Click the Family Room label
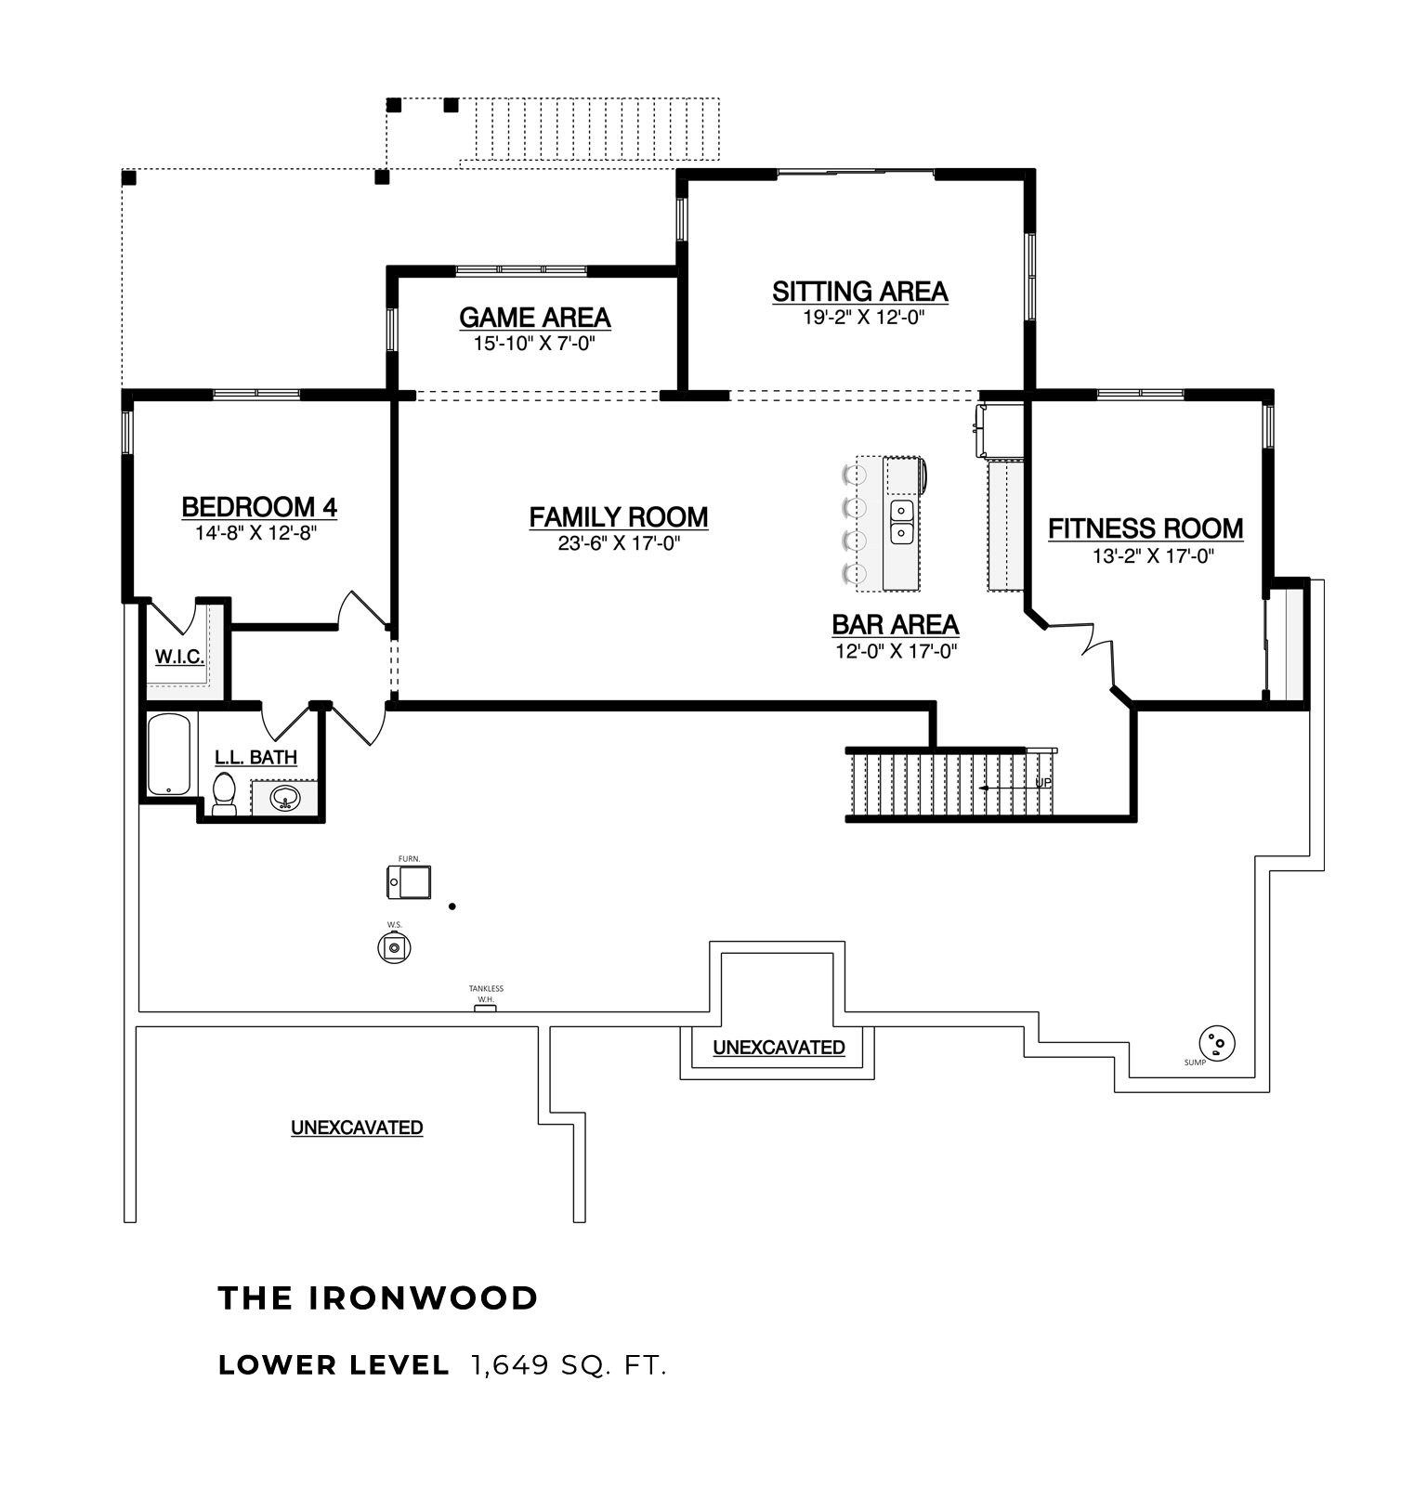pyautogui.click(x=619, y=517)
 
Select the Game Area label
pyautogui.click(x=535, y=318)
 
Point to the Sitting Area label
pyautogui.click(x=860, y=292)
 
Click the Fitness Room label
pyautogui.click(x=1146, y=528)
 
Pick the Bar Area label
pyautogui.click(x=896, y=624)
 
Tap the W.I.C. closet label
pyautogui.click(x=179, y=658)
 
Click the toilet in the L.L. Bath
pyautogui.click(x=224, y=795)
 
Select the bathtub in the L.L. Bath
pyautogui.click(x=169, y=755)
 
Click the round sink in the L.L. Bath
pyautogui.click(x=285, y=797)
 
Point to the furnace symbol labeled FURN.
pyautogui.click(x=409, y=881)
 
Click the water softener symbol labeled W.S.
pyautogui.click(x=395, y=948)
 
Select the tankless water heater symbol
pyautogui.click(x=485, y=1008)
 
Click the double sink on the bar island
pyautogui.click(x=902, y=521)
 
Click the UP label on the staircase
pyautogui.click(x=1044, y=784)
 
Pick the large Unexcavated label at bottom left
pyautogui.click(x=357, y=1128)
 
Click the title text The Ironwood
pyautogui.click(x=378, y=1297)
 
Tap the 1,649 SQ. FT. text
pyautogui.click(x=569, y=1365)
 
